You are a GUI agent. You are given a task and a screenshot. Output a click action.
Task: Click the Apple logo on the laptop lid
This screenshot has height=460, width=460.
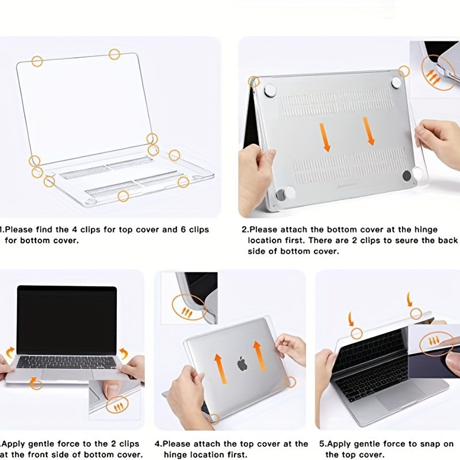pyautogui.click(x=242, y=363)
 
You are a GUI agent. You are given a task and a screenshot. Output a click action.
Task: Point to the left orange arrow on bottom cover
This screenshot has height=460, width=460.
pyautogui.click(x=325, y=137)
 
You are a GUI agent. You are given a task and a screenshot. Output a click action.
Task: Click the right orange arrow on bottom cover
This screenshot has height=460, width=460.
pyautogui.click(x=369, y=131)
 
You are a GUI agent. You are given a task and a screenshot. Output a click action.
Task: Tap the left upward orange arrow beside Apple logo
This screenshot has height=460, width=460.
pyautogui.click(x=221, y=369)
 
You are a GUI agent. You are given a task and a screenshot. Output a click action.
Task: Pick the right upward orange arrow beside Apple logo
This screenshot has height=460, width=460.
pyautogui.click(x=259, y=356)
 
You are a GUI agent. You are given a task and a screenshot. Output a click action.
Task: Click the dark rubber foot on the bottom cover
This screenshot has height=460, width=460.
pyautogui.click(x=407, y=175)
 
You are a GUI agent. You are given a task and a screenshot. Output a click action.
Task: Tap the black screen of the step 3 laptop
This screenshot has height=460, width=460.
pyautogui.click(x=67, y=320)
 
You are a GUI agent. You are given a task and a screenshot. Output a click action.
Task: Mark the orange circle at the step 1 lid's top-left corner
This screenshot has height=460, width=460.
pyautogui.click(x=37, y=62)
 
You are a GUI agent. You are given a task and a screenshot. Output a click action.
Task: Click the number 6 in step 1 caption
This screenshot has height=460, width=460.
pyautogui.click(x=183, y=229)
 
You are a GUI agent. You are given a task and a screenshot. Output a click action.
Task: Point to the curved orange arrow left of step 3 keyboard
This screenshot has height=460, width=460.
pyautogui.click(x=10, y=352)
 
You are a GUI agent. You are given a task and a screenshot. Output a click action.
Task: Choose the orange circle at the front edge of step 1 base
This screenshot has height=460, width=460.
pyautogui.click(x=123, y=196)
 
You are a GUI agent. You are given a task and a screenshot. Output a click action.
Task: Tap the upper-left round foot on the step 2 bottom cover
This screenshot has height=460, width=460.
pyautogui.click(x=270, y=91)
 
